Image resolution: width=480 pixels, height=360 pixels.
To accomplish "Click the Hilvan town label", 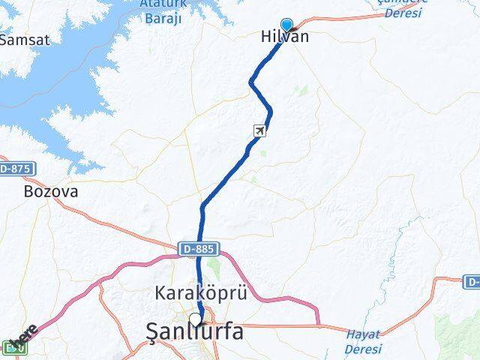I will [284, 37].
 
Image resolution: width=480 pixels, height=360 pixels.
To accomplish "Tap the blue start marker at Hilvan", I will [286, 25].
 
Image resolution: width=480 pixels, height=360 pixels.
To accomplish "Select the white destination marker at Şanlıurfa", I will [196, 320].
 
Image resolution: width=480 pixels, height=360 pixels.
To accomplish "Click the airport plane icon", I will [259, 131].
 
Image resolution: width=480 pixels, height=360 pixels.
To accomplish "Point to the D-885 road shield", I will [196, 247].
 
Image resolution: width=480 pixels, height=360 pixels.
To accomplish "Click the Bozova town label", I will [51, 191].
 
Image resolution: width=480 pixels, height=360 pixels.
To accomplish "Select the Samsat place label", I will [24, 40].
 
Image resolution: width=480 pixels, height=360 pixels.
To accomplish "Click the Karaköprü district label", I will [200, 293].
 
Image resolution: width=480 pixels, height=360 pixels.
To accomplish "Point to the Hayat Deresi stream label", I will [363, 341].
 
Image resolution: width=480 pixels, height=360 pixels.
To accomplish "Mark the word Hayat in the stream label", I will [363, 334].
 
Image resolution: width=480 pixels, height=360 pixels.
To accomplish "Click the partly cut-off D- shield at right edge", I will [472, 282].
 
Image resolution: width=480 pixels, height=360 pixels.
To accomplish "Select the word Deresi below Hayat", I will [363, 349].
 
